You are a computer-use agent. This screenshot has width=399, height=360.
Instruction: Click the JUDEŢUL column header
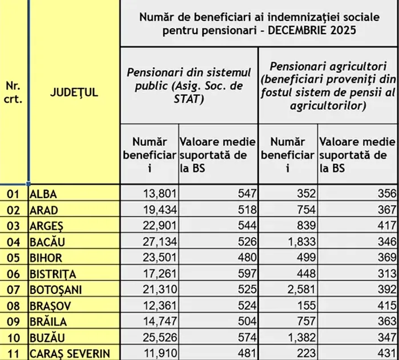coord(74,93)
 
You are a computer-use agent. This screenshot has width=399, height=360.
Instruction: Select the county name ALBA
coord(44,194)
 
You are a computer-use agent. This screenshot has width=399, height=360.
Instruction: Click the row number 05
coord(13,258)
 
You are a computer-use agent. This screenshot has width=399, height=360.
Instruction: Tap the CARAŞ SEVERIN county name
coord(70,353)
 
